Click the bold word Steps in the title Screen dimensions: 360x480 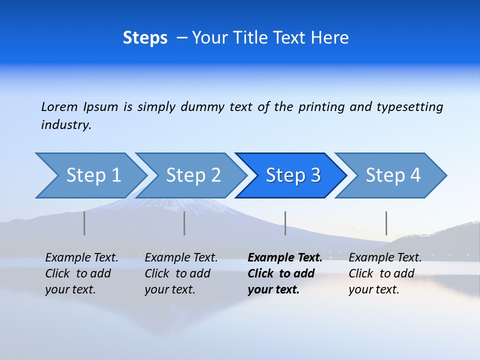(x=145, y=38)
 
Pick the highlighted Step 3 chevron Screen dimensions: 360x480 (x=293, y=175)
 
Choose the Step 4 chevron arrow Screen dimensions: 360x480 (x=393, y=175)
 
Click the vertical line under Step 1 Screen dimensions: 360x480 (x=84, y=223)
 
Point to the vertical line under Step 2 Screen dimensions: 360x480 (x=184, y=223)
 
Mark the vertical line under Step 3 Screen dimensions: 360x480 (x=285, y=223)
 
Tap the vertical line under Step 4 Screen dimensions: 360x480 (x=386, y=223)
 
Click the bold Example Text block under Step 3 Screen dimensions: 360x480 (x=285, y=273)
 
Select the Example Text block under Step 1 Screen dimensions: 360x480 (x=81, y=273)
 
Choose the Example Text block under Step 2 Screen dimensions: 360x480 (x=181, y=273)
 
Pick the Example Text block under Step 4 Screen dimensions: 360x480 (x=385, y=273)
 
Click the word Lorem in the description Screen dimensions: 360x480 (x=59, y=106)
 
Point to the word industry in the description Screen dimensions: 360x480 (x=66, y=125)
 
